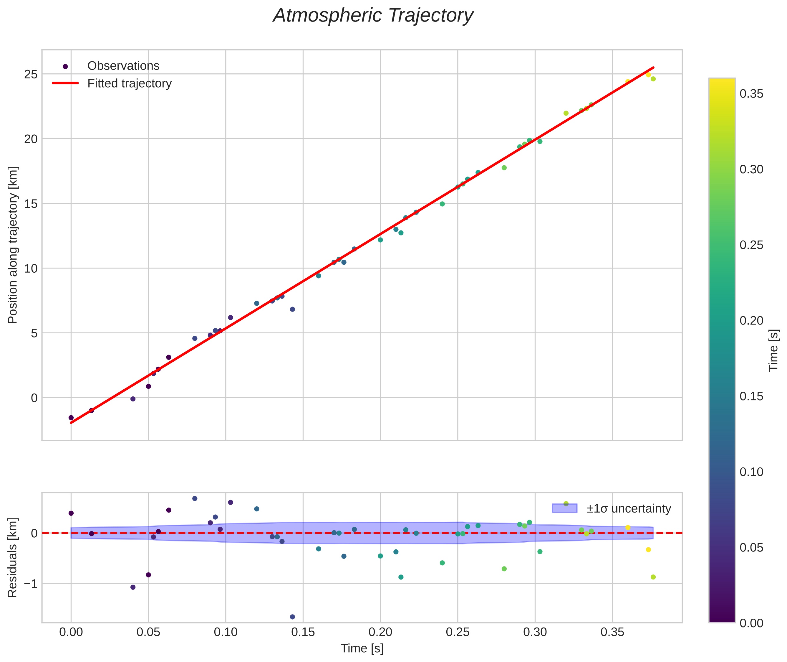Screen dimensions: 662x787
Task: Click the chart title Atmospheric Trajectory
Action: [373, 16]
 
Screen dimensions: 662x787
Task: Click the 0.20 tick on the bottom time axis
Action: [380, 632]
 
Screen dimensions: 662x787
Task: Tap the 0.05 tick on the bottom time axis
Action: [148, 632]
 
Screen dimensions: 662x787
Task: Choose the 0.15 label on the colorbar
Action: [751, 396]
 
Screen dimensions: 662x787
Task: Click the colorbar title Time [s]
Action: [773, 350]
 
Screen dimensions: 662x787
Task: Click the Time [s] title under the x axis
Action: [362, 648]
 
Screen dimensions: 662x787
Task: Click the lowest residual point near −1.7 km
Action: [292, 617]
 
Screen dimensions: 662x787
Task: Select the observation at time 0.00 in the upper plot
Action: [71, 418]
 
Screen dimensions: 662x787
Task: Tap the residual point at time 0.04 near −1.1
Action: [133, 587]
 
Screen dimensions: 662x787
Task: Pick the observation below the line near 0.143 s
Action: [292, 309]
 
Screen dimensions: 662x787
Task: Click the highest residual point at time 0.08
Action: [195, 498]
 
